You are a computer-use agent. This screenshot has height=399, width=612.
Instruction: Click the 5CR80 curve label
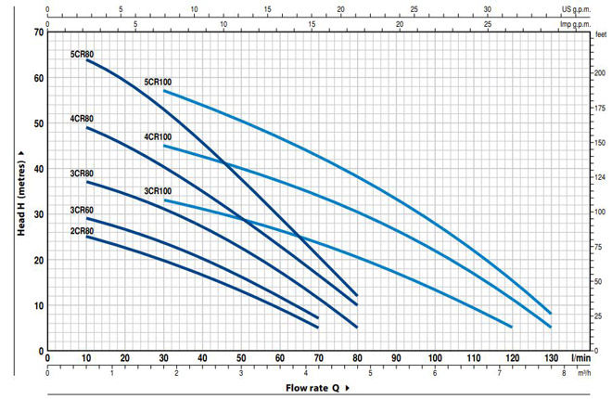[x=82, y=55]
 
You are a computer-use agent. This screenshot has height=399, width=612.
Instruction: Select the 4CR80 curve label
[x=82, y=119]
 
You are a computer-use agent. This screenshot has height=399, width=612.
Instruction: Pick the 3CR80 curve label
[x=82, y=173]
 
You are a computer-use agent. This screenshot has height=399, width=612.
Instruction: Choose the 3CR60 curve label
[x=82, y=211]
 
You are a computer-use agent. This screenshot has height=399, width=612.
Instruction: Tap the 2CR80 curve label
[x=82, y=230]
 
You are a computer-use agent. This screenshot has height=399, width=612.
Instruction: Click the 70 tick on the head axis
[x=39, y=32]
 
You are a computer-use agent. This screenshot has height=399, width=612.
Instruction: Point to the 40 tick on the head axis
[x=39, y=169]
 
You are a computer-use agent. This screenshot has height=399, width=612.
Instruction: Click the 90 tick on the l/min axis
[x=396, y=358]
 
